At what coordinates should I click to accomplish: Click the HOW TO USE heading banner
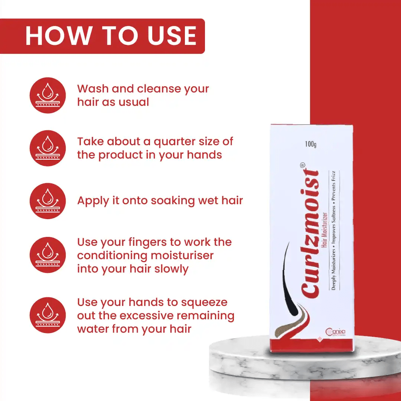pos(110,36)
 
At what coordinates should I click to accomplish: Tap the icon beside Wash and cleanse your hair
pos(48,95)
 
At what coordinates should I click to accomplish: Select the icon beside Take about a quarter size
pos(48,148)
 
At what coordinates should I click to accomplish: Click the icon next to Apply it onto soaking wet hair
pos(48,201)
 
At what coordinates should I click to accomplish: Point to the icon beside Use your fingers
pos(48,255)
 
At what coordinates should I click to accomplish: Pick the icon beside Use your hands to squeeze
pos(48,315)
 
